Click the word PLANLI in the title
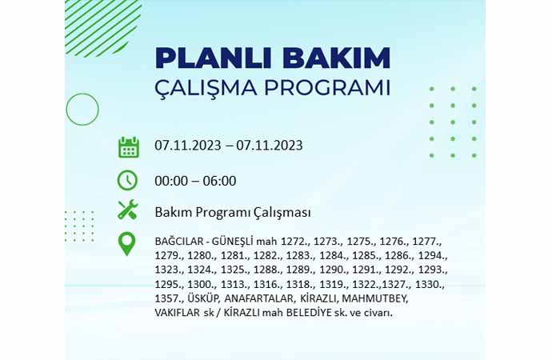coord(213,58)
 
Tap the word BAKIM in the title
coord(337,58)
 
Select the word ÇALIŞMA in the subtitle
coord(206,88)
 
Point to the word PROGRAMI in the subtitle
coord(327,88)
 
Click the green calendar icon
coord(129,147)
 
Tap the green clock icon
coord(127,181)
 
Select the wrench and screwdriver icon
coord(128,210)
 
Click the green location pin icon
coord(126,243)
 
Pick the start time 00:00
coord(171,182)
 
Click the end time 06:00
coord(219,182)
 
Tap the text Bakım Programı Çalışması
coord(233,213)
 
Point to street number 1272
coord(294,242)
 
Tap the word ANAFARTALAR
coord(258,298)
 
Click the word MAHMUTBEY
coord(375,298)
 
